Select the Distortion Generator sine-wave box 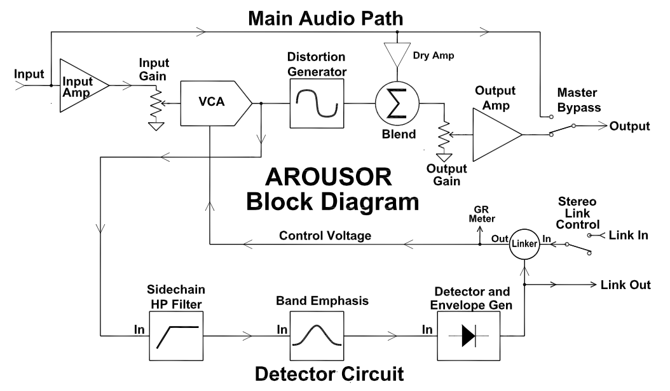(317, 103)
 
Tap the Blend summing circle (397, 103)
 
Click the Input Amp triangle (84, 86)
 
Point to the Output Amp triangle (497, 134)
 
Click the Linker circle (524, 244)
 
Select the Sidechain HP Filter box (176, 336)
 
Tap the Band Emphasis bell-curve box (317, 336)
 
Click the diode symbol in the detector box (468, 336)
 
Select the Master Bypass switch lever (563, 130)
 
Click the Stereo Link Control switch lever (578, 249)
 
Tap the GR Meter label (482, 214)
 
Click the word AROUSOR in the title (328, 177)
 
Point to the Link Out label (626, 285)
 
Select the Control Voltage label (325, 236)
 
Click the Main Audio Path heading (325, 18)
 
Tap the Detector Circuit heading (329, 373)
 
